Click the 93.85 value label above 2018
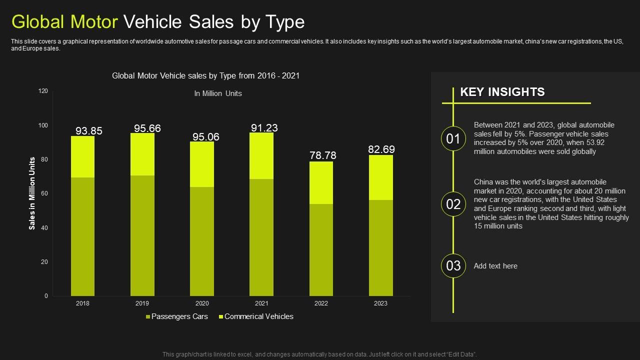coord(89,131)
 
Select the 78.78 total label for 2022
coord(323,155)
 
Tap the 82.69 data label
coord(381,149)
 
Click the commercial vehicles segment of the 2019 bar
coord(142,154)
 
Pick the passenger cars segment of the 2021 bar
coord(261,237)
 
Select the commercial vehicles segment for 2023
coord(380,177)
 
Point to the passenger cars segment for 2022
coord(321,249)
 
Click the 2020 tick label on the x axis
coord(202,303)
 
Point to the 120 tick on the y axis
coord(43,91)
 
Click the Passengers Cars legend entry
coord(176,316)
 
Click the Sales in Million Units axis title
coord(32,193)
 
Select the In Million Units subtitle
coord(218,93)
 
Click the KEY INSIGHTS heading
coord(502,92)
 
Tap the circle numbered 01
coord(453,139)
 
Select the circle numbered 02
coord(453,204)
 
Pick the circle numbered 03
coord(453,265)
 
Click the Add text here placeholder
coord(495,266)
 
